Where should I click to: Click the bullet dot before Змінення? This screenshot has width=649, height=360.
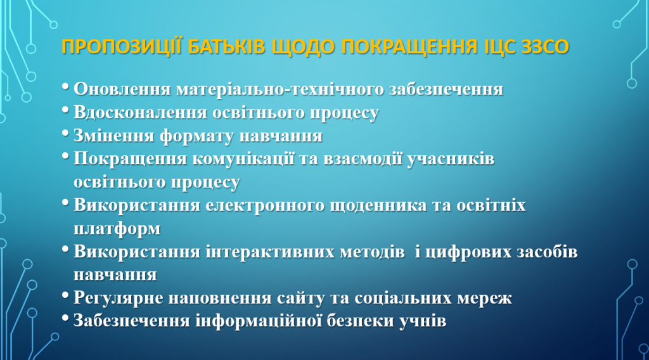(65, 133)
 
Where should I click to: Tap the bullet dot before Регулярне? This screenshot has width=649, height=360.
(65, 295)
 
